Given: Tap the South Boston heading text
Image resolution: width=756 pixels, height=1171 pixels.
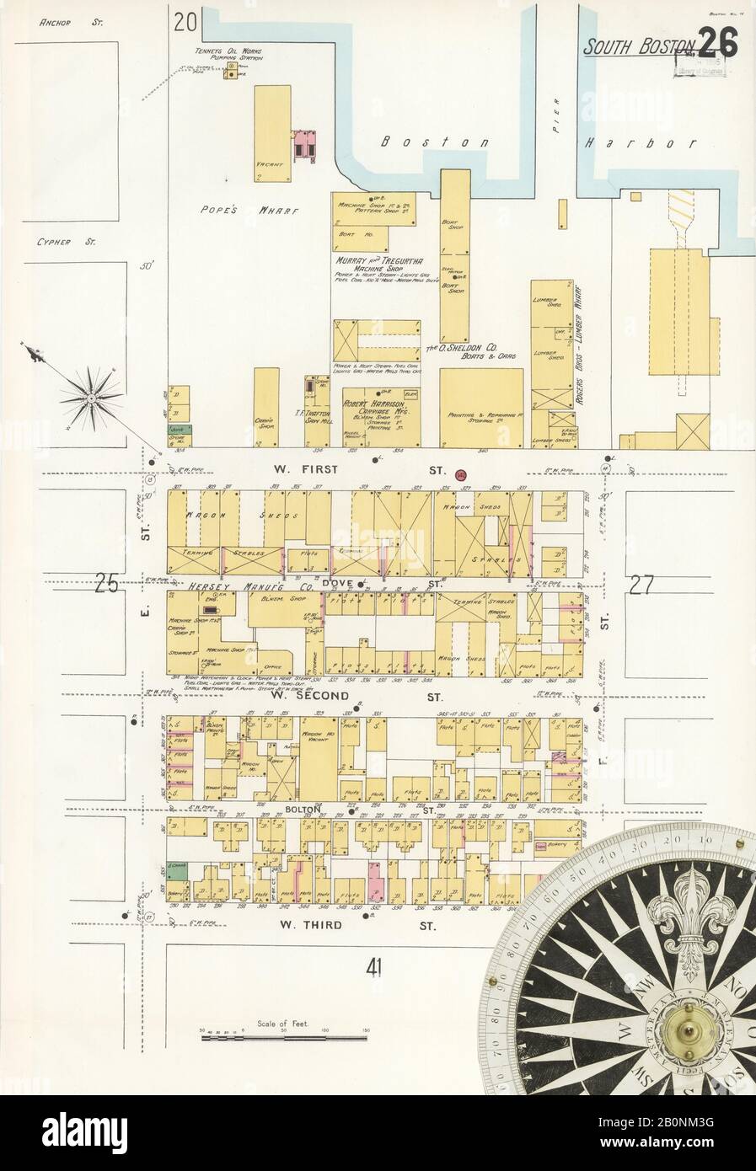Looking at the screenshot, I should click(640, 47).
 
